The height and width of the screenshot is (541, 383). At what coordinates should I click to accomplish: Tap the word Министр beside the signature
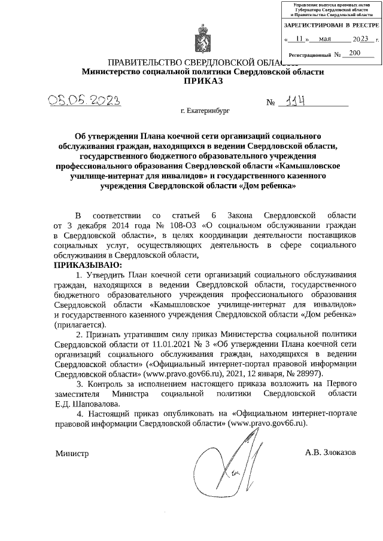click(x=72, y=454)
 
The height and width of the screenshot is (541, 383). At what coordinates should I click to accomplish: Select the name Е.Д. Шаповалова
click(x=83, y=403)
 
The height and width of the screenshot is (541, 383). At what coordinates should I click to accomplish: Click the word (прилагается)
click(x=80, y=324)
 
